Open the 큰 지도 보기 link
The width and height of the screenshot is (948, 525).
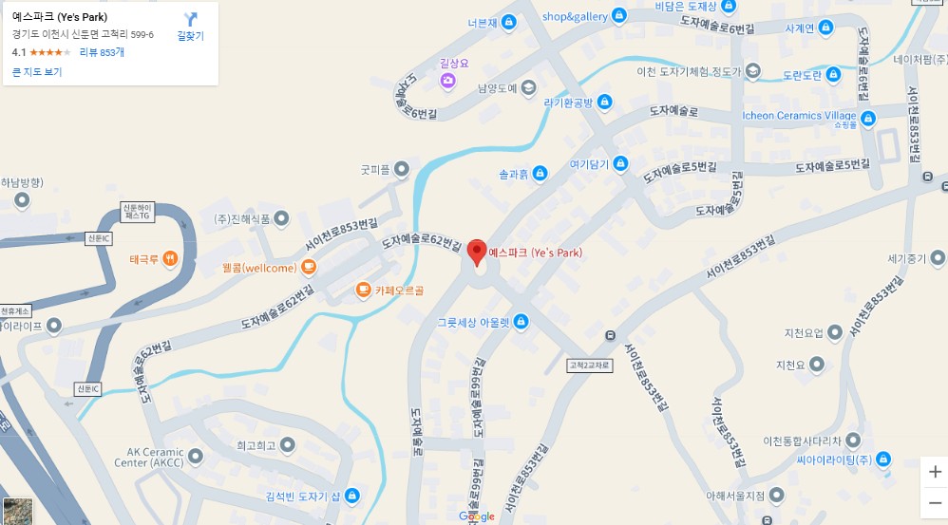37,72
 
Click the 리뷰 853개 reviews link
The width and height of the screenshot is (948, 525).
102,52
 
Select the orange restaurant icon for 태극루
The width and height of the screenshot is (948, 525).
170,257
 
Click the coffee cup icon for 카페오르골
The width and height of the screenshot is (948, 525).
363,289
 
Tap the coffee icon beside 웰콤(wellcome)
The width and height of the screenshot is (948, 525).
309,267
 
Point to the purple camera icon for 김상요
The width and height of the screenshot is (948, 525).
448,82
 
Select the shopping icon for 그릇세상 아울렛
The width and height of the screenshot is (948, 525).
520,321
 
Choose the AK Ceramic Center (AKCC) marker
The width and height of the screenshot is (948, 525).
196,458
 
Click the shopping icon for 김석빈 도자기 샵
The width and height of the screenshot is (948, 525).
351,495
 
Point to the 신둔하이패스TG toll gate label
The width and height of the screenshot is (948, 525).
136,212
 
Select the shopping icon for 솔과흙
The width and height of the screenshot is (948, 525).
540,173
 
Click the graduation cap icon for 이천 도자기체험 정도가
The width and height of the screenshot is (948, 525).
753,71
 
